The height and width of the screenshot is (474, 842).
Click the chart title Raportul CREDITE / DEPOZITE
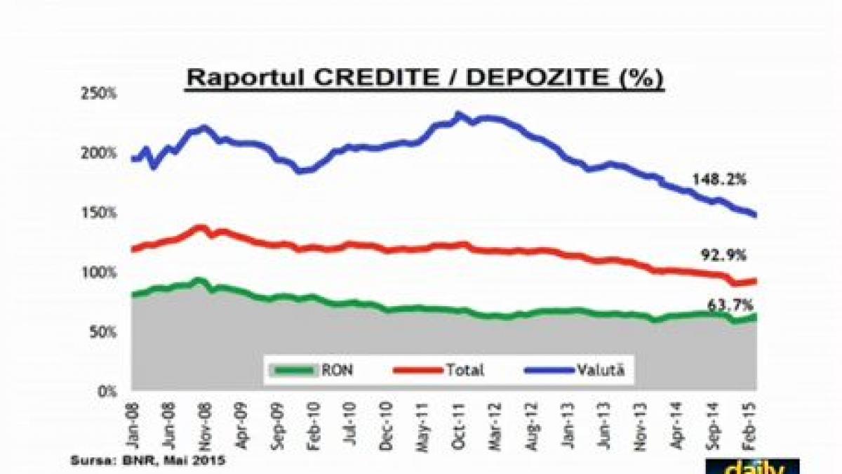point(424,78)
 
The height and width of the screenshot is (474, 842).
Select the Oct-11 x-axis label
point(460,421)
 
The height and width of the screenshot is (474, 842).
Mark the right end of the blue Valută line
point(755,215)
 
